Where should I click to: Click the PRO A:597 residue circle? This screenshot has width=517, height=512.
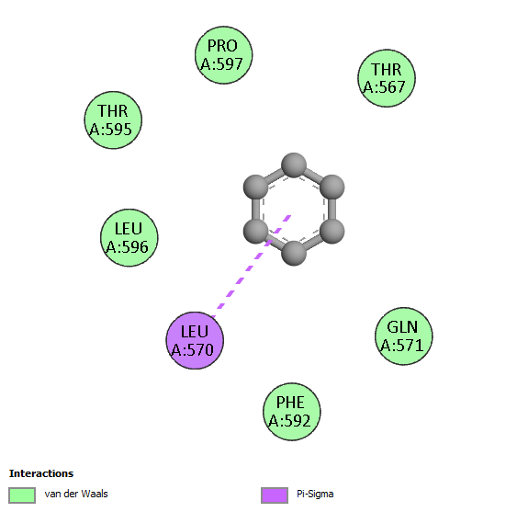223,55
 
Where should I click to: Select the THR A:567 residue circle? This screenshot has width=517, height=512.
387,78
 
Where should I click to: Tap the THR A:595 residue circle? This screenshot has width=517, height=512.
113,119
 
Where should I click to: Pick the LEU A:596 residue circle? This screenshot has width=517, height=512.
129,237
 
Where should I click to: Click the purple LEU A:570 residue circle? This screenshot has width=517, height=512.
195,340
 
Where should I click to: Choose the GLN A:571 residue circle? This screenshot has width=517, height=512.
403,336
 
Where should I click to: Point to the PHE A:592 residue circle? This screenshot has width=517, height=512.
291,412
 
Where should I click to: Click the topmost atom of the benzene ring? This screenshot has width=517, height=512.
294,165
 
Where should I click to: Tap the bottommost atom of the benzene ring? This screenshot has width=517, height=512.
294,253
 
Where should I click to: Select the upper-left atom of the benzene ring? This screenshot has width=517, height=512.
255,188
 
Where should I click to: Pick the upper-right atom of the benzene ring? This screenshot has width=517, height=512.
332,188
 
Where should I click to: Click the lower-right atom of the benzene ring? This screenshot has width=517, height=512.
332,231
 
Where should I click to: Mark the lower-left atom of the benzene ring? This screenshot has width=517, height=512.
255,231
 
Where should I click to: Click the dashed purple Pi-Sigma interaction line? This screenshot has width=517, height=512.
252,266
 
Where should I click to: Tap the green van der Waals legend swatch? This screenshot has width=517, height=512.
22,495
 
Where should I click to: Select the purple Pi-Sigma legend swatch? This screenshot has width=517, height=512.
275,495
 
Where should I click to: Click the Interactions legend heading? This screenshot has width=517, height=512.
41,473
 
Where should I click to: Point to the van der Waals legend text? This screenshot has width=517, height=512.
76,494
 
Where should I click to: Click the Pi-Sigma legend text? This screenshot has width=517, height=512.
315,495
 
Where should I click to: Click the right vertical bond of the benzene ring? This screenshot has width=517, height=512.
332,210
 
